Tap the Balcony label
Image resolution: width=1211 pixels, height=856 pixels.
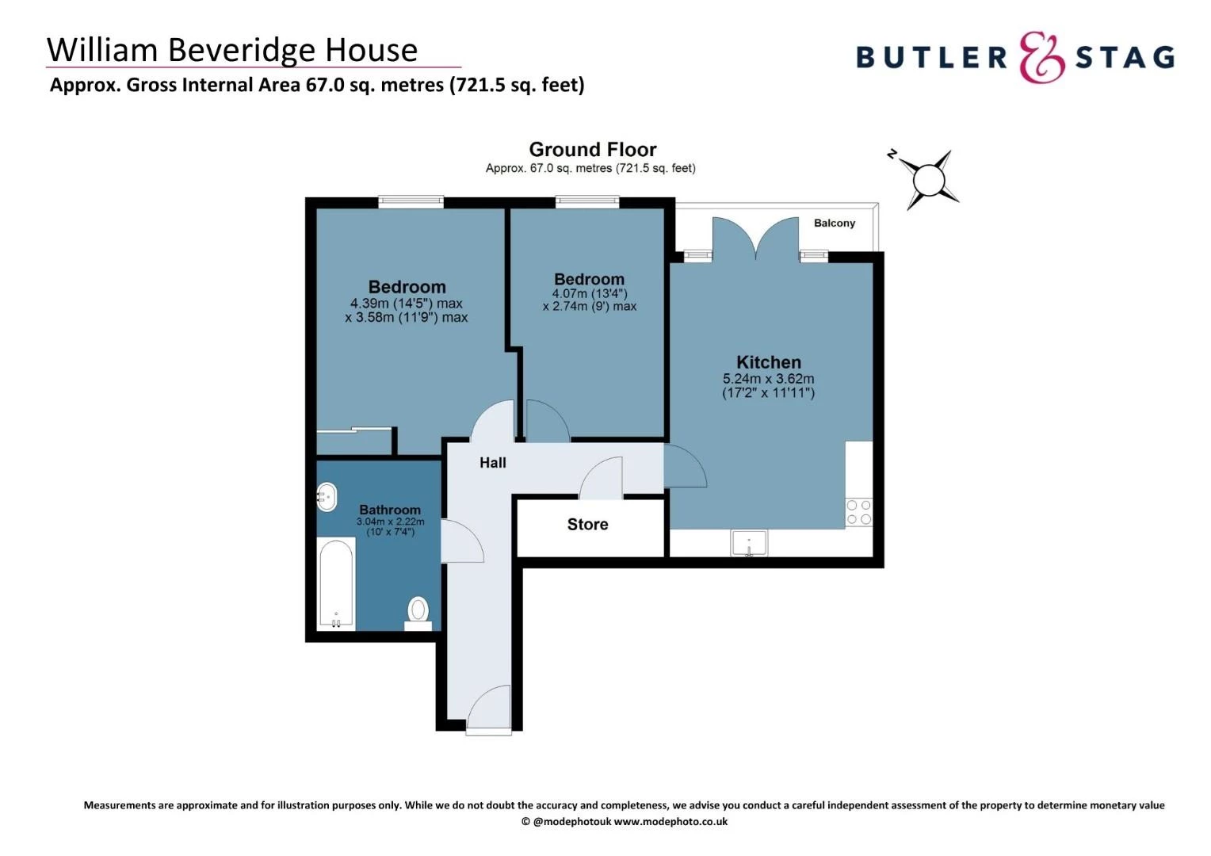835,224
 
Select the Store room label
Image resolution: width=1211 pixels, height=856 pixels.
587,525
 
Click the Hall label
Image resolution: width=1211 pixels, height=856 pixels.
492,463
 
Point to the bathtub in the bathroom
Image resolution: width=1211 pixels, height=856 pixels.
336,583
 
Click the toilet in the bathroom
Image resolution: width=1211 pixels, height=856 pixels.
418,612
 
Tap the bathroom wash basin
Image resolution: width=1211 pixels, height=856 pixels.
327,498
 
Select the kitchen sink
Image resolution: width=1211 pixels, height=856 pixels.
748,544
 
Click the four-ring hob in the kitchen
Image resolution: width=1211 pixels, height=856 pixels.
858,512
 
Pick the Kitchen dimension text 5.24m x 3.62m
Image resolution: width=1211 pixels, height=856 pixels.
768,379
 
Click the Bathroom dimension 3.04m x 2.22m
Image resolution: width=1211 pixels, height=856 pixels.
390,522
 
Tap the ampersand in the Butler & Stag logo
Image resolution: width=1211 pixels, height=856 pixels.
1041,57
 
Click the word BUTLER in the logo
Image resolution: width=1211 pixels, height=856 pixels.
931,58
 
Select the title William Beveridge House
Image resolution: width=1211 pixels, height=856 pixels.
232,50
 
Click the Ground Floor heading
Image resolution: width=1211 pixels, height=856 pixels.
592,150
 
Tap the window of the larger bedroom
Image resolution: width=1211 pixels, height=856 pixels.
411,202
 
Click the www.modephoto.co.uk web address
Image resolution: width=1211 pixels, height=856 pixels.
670,822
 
